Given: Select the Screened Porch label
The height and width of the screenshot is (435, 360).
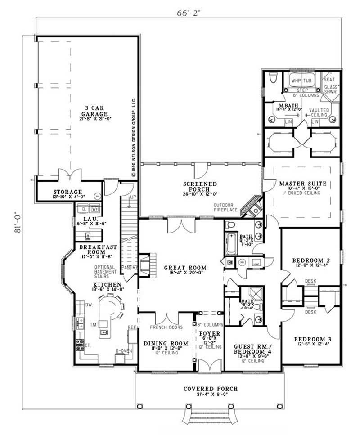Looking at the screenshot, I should [200, 187].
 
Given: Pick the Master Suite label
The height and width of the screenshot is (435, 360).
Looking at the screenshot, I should [302, 184].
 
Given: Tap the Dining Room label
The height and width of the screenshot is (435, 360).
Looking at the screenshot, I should [161, 344].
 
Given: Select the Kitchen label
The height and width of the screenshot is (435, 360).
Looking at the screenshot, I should [107, 285].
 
